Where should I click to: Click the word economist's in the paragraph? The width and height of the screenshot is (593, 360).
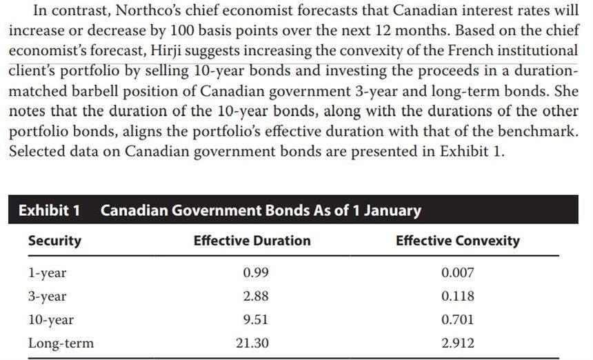44,51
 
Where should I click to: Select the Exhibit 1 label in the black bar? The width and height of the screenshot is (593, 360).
48,210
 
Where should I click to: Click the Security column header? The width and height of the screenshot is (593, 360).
54,241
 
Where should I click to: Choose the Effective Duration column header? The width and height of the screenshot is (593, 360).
252,241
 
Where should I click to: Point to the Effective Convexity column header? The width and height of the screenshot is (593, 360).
458,241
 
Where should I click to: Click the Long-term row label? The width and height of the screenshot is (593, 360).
61,343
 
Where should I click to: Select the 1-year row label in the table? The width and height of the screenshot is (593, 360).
47,272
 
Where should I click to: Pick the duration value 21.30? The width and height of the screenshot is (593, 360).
252,343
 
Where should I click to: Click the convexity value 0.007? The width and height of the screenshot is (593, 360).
457,272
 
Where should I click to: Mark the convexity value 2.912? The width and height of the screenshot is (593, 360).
457,343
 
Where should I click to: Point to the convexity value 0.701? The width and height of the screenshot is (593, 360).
457,319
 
